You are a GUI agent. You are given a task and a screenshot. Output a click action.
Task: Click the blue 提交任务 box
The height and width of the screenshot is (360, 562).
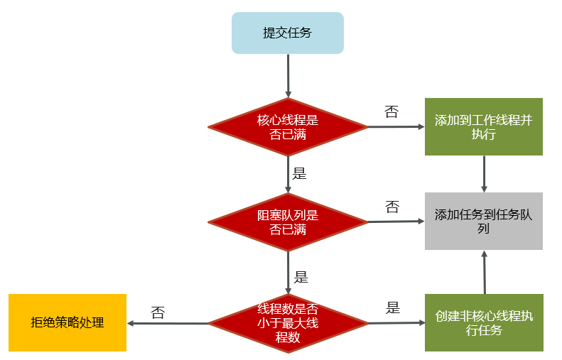287,33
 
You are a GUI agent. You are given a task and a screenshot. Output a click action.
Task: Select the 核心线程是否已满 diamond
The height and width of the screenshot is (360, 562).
288,127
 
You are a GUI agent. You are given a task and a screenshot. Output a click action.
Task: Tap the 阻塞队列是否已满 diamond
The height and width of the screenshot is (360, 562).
288,222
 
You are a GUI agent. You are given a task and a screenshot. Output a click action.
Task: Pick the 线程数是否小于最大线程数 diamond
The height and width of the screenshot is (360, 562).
288,323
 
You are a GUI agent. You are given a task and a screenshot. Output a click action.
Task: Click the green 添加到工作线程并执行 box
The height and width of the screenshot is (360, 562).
483,126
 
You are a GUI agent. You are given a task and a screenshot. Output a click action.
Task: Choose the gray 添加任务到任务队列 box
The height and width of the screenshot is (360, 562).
483,221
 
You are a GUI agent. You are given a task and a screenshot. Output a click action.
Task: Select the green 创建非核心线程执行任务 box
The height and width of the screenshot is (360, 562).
483,322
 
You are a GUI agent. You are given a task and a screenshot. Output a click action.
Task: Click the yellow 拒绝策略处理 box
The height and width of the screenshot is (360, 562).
67,322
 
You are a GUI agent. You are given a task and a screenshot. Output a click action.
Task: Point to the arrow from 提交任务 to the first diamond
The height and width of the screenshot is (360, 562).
288,75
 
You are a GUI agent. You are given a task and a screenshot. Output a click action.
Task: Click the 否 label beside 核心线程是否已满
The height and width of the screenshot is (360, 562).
391,111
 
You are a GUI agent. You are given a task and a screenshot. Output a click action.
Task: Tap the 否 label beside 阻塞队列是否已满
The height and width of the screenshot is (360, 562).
391,207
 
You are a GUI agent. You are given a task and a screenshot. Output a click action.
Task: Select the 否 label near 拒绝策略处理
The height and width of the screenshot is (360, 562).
158,312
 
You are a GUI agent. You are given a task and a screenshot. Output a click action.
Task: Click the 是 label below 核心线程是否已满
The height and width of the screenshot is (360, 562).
300,173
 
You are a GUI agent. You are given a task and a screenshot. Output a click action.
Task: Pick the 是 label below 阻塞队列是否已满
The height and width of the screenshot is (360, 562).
301,277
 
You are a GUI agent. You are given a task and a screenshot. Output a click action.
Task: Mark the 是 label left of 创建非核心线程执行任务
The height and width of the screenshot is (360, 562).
393,307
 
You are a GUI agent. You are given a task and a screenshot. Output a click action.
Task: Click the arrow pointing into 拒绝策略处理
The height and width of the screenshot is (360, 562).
168,323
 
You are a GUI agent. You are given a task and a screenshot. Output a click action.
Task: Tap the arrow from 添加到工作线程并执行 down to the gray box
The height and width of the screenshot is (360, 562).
484,173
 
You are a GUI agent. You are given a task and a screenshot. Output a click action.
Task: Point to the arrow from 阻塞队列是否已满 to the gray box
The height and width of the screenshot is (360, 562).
396,222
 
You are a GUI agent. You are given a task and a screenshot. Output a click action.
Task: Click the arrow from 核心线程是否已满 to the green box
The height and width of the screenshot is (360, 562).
396,127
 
